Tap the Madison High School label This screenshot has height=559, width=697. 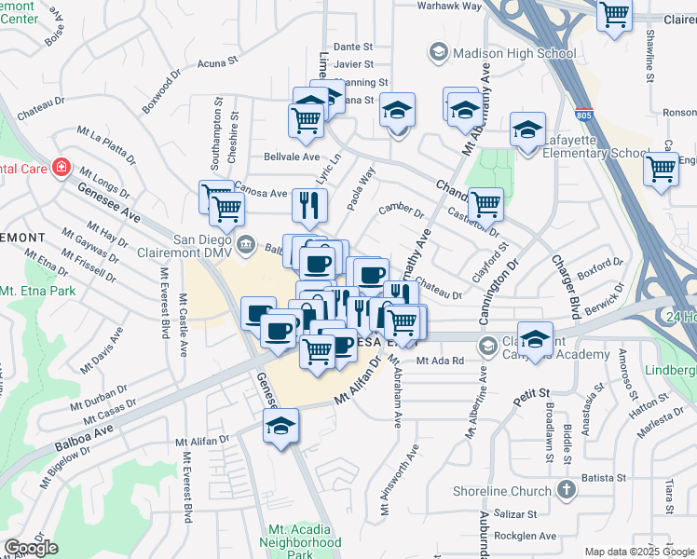click(x=513, y=53)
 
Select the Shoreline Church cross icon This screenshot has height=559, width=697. click(x=567, y=491)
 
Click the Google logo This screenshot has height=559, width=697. click(x=31, y=548)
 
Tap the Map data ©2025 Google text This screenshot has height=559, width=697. click(x=639, y=551)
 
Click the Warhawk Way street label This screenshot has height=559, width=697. click(x=448, y=6)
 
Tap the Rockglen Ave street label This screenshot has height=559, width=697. click(x=525, y=536)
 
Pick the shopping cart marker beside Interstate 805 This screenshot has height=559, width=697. click(x=661, y=169)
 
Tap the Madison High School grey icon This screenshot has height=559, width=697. click(x=438, y=53)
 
